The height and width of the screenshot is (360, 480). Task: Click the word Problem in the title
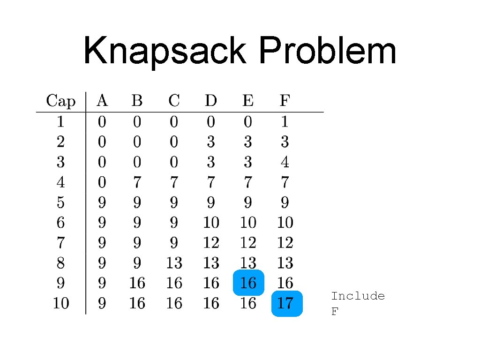tap(327, 52)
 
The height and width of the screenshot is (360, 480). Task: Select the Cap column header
tap(60, 101)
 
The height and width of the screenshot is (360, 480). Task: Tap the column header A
tap(102, 101)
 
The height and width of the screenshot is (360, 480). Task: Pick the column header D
tap(211, 101)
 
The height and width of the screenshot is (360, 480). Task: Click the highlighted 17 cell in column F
tap(285, 304)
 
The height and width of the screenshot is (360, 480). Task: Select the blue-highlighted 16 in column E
tap(248, 283)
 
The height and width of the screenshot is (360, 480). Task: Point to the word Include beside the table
tap(358, 296)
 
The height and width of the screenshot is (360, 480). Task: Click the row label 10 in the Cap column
tap(60, 304)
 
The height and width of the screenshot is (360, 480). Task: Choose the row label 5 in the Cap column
tap(60, 203)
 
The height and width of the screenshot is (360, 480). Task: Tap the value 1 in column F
tap(285, 122)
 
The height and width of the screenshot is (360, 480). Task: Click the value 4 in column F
tap(285, 162)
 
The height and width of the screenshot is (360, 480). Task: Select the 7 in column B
tap(136, 182)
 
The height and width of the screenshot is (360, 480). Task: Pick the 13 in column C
tap(174, 263)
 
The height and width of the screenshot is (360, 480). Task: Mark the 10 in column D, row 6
tap(211, 223)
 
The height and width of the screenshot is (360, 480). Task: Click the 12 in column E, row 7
tap(248, 243)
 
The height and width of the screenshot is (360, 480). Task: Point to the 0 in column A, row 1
tap(102, 122)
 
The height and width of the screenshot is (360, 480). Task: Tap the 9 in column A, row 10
tap(102, 304)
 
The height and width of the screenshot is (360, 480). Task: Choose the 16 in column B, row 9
tap(136, 283)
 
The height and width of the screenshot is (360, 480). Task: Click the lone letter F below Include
tap(334, 312)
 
